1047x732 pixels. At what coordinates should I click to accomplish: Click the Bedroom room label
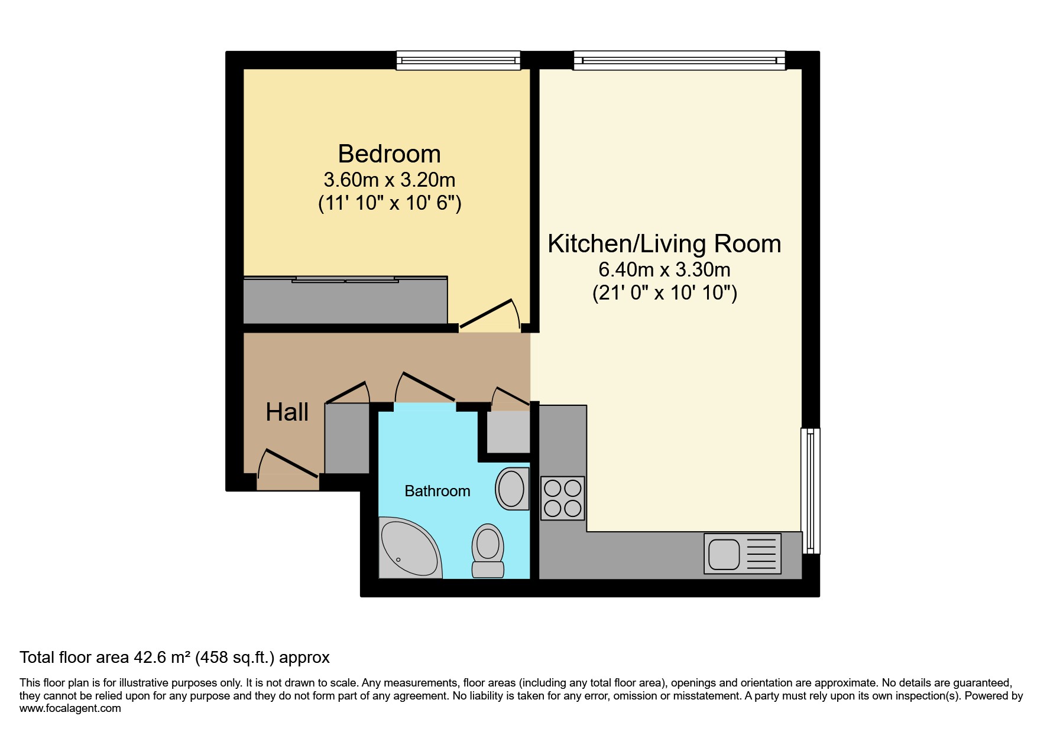[x=389, y=154]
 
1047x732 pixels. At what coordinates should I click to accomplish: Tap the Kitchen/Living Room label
[x=664, y=243]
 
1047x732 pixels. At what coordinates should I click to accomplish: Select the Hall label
[x=287, y=412]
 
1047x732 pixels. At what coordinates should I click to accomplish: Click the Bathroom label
[x=437, y=491]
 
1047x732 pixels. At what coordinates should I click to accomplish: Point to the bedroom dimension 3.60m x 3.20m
[x=389, y=179]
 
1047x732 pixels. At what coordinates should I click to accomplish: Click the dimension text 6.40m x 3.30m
[x=664, y=269]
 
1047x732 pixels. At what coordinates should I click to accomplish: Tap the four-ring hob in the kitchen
[x=563, y=498]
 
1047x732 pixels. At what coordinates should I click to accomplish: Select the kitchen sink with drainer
[x=742, y=554]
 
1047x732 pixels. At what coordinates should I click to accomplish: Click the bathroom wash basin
[x=511, y=489]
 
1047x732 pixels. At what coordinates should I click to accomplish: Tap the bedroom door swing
[x=490, y=314]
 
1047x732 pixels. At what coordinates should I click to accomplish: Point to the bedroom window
[x=458, y=60]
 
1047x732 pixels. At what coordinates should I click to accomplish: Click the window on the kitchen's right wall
[x=811, y=490]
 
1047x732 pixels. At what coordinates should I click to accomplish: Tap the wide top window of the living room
[x=679, y=60]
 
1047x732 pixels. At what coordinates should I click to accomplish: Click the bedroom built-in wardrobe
[x=345, y=300]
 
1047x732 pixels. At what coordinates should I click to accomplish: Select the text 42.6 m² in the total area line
[x=161, y=658]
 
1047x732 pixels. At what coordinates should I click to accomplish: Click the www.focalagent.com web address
[x=70, y=708]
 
